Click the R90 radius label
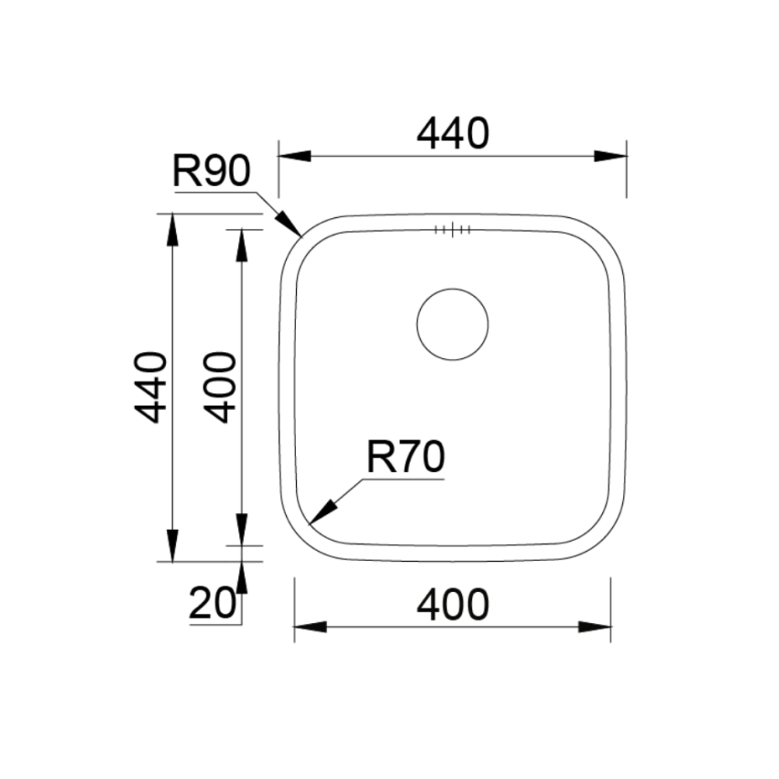211,170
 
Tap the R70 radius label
405,457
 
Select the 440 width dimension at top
453,134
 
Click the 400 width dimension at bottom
453,605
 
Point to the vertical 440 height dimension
150,388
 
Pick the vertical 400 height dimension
220,388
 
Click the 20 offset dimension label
212,603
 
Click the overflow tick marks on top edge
453,229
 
